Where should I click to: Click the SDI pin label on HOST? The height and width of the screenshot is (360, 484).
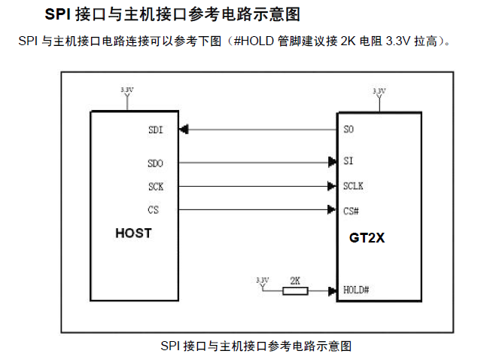(x=155, y=130)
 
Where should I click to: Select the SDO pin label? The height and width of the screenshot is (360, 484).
(x=156, y=162)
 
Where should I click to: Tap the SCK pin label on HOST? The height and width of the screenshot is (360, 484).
(x=156, y=186)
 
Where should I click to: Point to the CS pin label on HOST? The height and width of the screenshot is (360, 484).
(x=154, y=209)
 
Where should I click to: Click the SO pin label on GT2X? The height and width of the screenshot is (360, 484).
(x=348, y=130)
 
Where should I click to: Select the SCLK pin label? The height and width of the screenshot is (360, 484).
(x=353, y=186)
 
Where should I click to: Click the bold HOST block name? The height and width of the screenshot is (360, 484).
(x=133, y=233)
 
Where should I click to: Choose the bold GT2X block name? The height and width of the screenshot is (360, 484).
(x=367, y=238)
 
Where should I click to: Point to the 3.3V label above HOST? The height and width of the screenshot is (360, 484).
(x=127, y=90)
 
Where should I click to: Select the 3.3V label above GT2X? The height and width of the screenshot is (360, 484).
(x=379, y=90)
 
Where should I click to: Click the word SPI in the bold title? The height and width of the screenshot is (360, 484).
(x=60, y=15)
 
